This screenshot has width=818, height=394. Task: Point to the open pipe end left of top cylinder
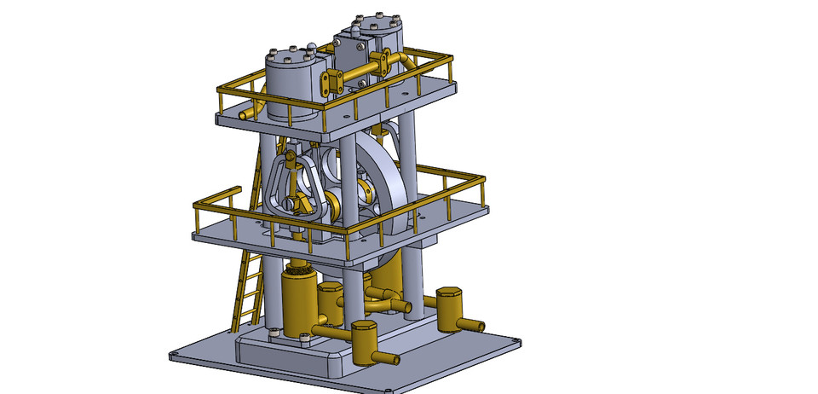(242, 113)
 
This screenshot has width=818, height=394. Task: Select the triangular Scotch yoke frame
(295, 183)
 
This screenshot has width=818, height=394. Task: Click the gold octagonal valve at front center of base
(365, 341)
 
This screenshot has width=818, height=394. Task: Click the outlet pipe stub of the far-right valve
(475, 325)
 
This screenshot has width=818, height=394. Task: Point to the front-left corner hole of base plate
(174, 356)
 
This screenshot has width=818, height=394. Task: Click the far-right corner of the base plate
(517, 343)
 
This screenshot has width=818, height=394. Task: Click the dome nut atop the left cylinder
(314, 48)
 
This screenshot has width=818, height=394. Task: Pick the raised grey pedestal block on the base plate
(290, 354)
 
